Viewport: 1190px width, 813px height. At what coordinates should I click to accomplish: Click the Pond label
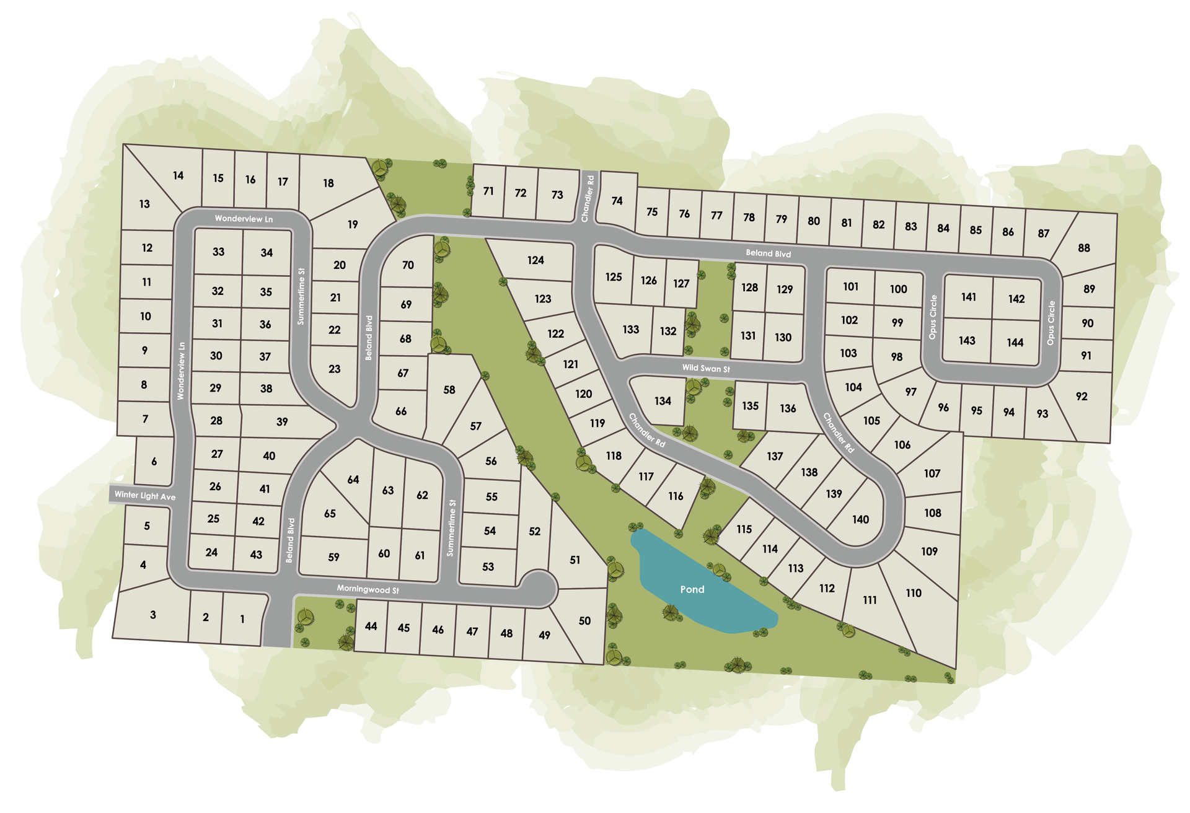[692, 589]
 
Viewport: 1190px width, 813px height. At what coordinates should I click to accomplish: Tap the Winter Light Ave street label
[145, 496]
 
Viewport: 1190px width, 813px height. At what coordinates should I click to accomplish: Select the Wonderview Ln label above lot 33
[244, 219]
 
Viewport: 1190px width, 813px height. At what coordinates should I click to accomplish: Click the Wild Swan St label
[706, 368]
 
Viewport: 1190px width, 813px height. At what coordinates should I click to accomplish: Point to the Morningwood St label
[368, 589]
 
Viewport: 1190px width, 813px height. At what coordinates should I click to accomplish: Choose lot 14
[178, 175]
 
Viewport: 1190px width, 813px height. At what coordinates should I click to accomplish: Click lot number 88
[1083, 248]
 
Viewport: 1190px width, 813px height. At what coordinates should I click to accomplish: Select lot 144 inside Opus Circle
[1015, 342]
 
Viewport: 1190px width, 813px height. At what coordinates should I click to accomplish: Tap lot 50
[584, 620]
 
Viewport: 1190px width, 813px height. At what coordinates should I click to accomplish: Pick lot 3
[153, 615]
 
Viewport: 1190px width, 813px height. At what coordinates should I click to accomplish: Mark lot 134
[663, 401]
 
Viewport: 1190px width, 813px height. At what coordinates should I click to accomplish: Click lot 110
[914, 593]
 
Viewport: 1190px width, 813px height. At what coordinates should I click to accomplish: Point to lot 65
[330, 514]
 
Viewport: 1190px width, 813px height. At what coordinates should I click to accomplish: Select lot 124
[535, 260]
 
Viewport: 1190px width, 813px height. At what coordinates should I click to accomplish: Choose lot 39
[282, 421]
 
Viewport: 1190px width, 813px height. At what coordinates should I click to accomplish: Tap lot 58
[449, 390]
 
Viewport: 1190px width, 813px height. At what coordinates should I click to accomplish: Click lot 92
[1082, 397]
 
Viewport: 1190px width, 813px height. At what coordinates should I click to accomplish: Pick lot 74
[617, 201]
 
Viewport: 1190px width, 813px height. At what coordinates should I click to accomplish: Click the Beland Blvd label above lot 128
[768, 253]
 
